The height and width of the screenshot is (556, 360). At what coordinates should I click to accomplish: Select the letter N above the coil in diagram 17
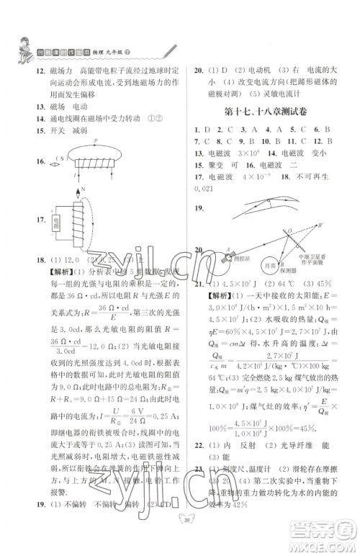coord(83,190)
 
